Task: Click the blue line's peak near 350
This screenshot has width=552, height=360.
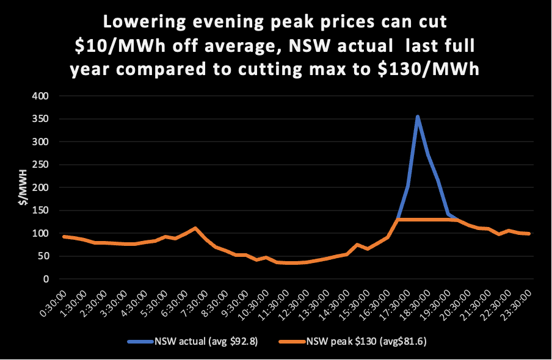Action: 417,116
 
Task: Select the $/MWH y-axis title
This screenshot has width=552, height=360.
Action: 23,187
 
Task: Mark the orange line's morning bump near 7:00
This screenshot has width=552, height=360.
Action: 195,228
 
